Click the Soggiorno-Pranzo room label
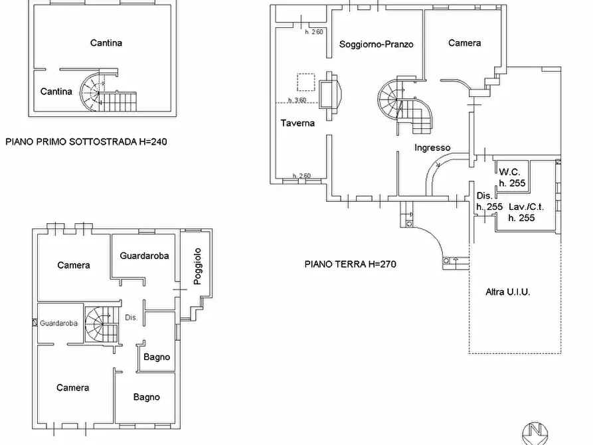376,44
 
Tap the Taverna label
297,123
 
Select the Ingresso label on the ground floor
432,147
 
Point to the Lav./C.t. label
521,207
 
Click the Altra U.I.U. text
507,292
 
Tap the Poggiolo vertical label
197,266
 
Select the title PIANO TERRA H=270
350,264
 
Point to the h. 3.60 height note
296,100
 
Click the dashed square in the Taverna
305,82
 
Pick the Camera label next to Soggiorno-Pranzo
464,43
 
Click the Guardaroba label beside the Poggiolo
144,255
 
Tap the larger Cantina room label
106,43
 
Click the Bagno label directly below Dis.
157,357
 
